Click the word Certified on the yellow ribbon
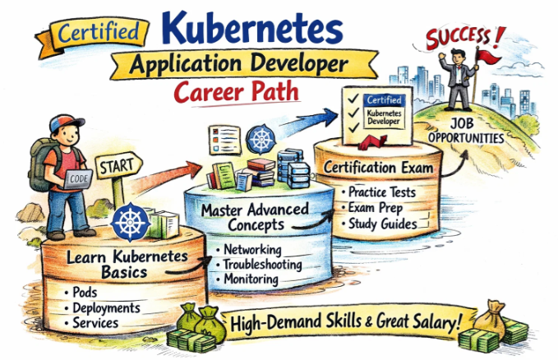[99, 32]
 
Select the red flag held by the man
[488, 56]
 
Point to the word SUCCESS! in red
[464, 37]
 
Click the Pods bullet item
[81, 293]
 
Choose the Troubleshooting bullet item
[259, 265]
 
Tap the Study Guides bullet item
[379, 224]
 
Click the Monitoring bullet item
[247, 279]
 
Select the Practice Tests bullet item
[379, 192]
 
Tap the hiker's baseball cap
[66, 122]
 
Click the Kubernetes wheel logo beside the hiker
[131, 222]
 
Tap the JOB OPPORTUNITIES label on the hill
[465, 131]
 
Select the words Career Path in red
[237, 91]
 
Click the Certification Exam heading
[378, 168]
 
